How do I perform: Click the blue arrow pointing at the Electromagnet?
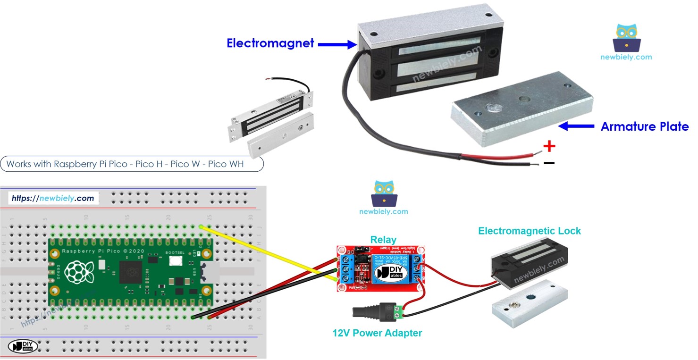pos(336,44)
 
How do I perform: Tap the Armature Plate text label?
pos(644,126)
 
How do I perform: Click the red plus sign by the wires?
pos(549,146)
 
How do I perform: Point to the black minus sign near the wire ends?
pos(549,163)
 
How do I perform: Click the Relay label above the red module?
pos(383,239)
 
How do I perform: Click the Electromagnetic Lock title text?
pos(529,231)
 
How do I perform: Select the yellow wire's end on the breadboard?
pos(202,227)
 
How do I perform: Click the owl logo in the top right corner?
pos(626,39)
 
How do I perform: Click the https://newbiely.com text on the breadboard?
pos(53,198)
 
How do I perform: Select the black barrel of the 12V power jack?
pos(366,312)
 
